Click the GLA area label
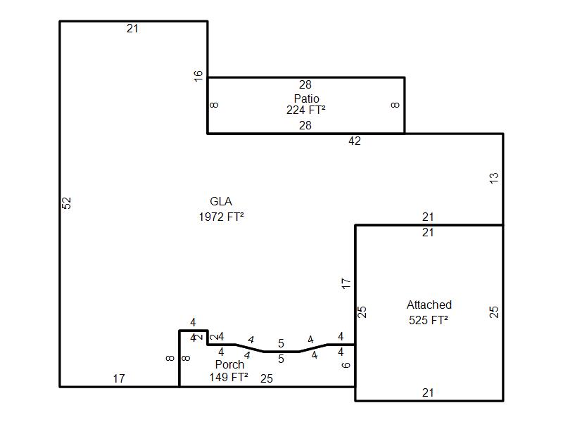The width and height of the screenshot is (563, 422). pyautogui.click(x=221, y=202)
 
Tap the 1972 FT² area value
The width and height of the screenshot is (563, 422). pyautogui.click(x=221, y=217)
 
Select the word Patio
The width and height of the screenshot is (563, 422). pyautogui.click(x=306, y=98)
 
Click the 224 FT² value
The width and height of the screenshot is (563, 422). pyautogui.click(x=305, y=110)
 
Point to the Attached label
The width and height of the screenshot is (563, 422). pyautogui.click(x=429, y=305)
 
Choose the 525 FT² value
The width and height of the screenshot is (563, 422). pyautogui.click(x=429, y=320)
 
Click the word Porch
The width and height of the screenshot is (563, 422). pyautogui.click(x=229, y=364)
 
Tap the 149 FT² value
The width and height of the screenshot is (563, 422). pyautogui.click(x=229, y=377)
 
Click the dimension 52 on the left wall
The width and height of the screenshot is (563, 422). pyautogui.click(x=67, y=203)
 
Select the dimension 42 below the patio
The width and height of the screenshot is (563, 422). pyautogui.click(x=355, y=141)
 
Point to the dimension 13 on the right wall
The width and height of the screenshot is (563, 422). pyautogui.click(x=494, y=178)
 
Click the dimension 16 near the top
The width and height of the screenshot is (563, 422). pyautogui.click(x=198, y=75)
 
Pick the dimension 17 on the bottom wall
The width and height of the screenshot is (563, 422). pyautogui.click(x=119, y=378)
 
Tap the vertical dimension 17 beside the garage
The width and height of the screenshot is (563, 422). pyautogui.click(x=346, y=283)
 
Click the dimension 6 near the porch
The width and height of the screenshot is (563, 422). pyautogui.click(x=346, y=364)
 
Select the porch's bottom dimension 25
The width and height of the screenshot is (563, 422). pyautogui.click(x=267, y=378)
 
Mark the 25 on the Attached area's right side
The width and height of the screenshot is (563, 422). pyautogui.click(x=494, y=312)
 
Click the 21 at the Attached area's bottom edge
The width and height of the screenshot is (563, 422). pyautogui.click(x=428, y=393)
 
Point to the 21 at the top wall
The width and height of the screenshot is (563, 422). pyautogui.click(x=133, y=29)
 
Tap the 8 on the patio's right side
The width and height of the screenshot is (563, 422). pyautogui.click(x=396, y=105)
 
